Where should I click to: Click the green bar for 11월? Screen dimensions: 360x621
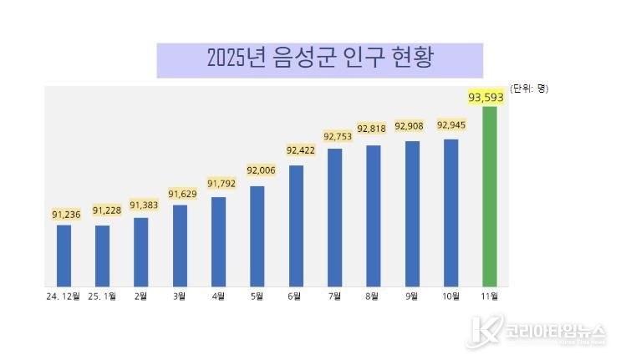(x=490, y=196)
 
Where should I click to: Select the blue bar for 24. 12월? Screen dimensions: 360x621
(x=64, y=256)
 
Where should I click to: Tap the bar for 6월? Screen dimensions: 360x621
(x=296, y=226)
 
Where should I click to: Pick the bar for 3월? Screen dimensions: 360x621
(x=180, y=246)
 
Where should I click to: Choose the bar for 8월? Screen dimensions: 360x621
(x=373, y=215)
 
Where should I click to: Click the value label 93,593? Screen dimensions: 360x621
(x=486, y=98)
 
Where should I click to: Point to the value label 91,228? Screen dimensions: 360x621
(x=107, y=210)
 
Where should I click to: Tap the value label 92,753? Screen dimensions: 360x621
(x=338, y=134)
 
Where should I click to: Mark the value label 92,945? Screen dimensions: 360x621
(x=450, y=125)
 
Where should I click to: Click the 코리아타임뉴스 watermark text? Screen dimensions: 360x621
(x=549, y=331)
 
